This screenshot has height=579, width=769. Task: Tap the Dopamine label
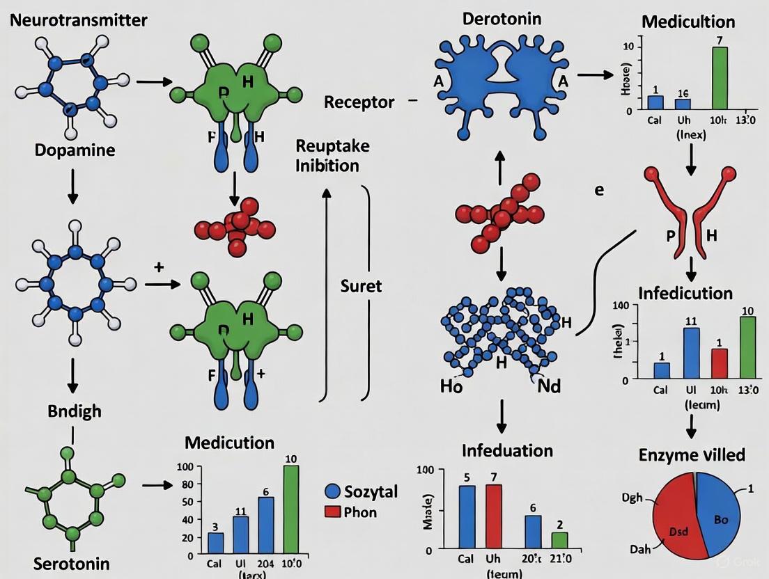(75, 150)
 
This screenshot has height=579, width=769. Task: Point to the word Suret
(361, 285)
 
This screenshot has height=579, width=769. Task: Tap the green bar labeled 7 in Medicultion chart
(720, 79)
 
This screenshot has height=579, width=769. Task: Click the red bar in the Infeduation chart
(493, 516)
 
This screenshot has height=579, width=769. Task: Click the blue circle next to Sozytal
(333, 491)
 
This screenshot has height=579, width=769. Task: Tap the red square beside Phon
(333, 512)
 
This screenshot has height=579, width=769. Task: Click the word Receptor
(359, 102)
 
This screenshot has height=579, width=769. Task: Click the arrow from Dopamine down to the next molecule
(72, 187)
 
